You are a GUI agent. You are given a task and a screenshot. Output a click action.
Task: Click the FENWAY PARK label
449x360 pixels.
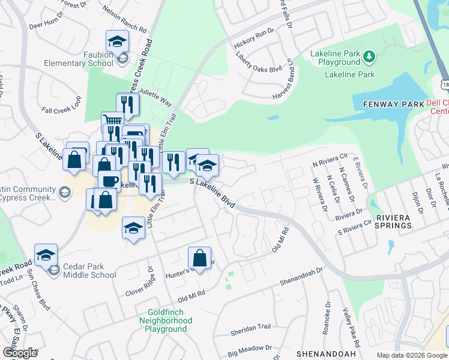[389, 104]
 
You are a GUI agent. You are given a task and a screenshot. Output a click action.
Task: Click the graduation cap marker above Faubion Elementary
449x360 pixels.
[117, 41]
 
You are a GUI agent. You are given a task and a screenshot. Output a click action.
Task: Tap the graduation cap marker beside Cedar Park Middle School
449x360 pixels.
[46, 255]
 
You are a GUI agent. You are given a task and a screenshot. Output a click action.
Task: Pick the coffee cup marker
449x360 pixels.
[109, 182]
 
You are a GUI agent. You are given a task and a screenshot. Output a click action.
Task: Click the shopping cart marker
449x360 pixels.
[112, 120]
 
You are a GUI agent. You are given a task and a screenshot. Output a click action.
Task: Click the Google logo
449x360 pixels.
[20, 353]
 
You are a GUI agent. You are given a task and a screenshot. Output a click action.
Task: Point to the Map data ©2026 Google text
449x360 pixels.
[411, 355]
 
